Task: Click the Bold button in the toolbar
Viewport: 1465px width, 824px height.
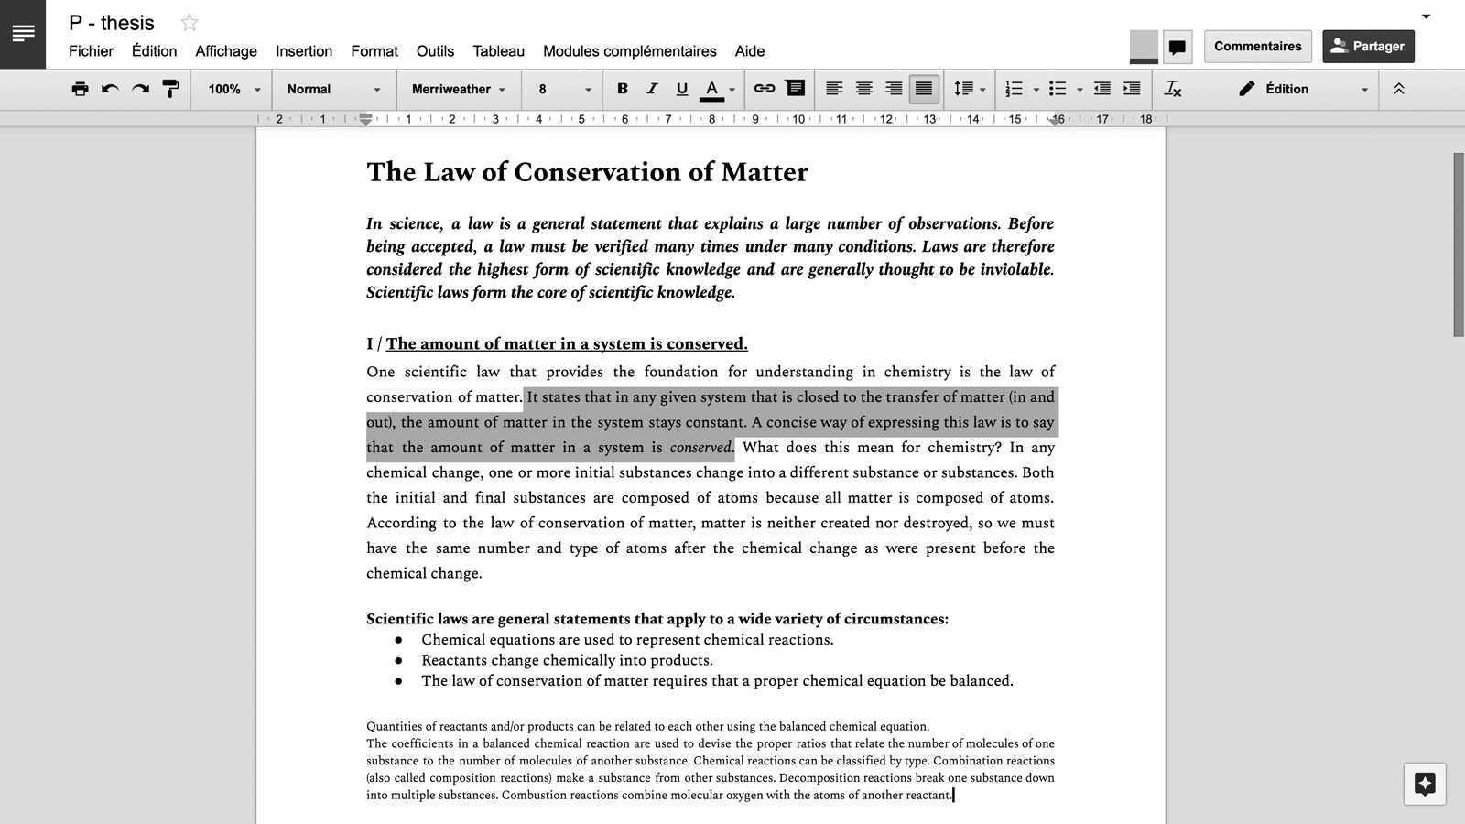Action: pyautogui.click(x=623, y=89)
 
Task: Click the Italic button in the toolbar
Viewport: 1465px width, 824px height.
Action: pyautogui.click(x=652, y=89)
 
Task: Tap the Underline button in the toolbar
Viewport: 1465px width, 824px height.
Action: pyautogui.click(x=681, y=89)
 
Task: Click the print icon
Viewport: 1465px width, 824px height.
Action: pyautogui.click(x=81, y=89)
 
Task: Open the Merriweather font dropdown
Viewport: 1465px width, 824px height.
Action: pyautogui.click(x=458, y=89)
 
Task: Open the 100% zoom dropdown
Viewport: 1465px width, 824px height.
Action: pyautogui.click(x=233, y=89)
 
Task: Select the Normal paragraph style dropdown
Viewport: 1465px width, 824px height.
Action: pyautogui.click(x=333, y=89)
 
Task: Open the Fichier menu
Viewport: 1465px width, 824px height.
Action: pyautogui.click(x=91, y=51)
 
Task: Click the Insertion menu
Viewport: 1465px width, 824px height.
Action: pyautogui.click(x=304, y=51)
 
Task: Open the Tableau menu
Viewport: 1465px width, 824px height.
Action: pyautogui.click(x=498, y=51)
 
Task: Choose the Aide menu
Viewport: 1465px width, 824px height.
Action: pyautogui.click(x=749, y=51)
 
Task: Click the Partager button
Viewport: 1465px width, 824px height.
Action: pyautogui.click(x=1368, y=46)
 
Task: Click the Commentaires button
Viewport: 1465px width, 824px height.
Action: pyautogui.click(x=1257, y=46)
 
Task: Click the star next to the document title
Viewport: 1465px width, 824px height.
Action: pyautogui.click(x=190, y=23)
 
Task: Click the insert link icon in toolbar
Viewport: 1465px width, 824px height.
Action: pyautogui.click(x=764, y=89)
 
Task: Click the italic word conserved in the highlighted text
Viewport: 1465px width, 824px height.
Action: pyautogui.click(x=700, y=448)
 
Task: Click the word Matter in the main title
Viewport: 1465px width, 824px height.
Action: pyautogui.click(x=764, y=172)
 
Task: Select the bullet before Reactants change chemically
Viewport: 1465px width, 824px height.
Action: pyautogui.click(x=398, y=660)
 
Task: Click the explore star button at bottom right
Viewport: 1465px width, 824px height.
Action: pyautogui.click(x=1425, y=784)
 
